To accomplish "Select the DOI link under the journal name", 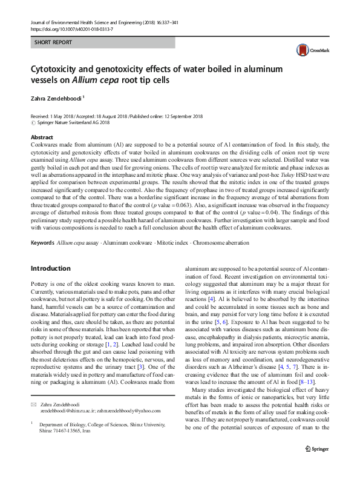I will pyautogui.click(x=71, y=29).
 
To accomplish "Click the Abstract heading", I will pyautogui.click(x=42, y=138).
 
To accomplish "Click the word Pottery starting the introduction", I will pyautogui.click(x=42, y=283).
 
